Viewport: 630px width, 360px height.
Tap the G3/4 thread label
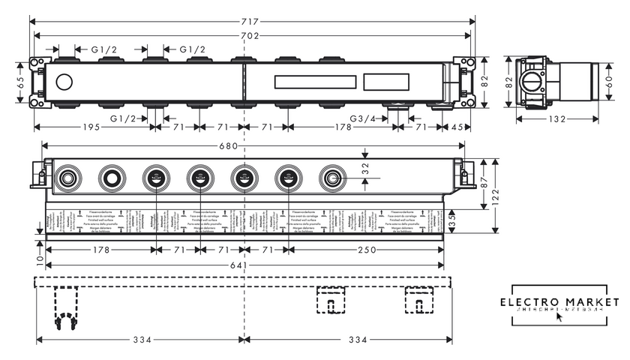pos(362,118)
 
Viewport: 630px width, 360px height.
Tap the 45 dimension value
pos(457,127)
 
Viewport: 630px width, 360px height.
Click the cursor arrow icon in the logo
pos(559,316)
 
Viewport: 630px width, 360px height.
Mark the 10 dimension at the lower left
pos(39,259)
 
